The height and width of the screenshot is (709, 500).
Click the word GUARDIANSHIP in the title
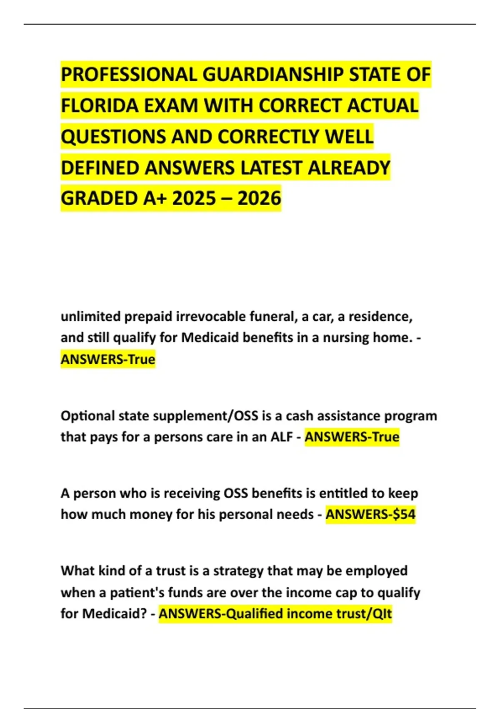(273, 75)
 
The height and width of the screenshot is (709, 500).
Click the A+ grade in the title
(155, 199)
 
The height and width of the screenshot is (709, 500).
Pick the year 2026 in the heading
(260, 199)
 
